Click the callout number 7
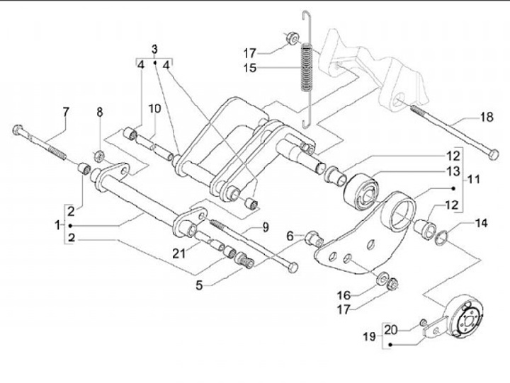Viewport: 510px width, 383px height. [66, 112]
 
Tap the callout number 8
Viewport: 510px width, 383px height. [100, 112]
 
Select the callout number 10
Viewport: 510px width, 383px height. [155, 109]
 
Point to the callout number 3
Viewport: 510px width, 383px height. [154, 50]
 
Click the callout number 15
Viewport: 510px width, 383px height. [250, 68]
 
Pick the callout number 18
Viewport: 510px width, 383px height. [487, 117]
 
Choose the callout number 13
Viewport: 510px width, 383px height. [454, 171]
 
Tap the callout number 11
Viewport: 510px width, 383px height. [474, 179]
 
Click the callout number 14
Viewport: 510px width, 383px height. [482, 224]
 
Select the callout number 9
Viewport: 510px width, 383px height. [266, 227]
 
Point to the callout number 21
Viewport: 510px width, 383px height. [178, 253]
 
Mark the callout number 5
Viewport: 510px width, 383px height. [199, 285]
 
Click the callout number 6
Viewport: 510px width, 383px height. [290, 236]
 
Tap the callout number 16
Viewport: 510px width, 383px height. [344, 295]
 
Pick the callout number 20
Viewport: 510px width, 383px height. [391, 331]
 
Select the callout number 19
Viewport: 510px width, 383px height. [370, 336]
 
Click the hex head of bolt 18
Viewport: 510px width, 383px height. [494, 154]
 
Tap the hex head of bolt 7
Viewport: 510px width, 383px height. [18, 130]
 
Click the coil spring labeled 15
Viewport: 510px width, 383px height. [306, 68]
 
